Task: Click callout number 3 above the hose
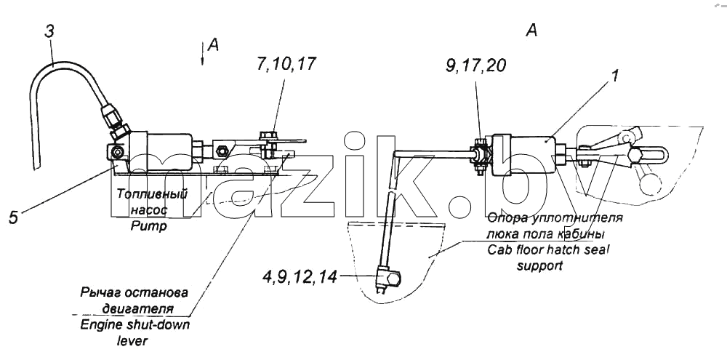[x=49, y=31]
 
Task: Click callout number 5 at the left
[x=13, y=217]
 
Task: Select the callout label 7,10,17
[x=285, y=63]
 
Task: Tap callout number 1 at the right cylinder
[x=614, y=75]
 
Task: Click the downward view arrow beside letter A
[x=202, y=54]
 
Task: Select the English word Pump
[x=148, y=228]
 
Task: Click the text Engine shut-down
[x=135, y=324]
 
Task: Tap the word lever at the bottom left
[x=132, y=340]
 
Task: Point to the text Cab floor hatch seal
[x=548, y=250]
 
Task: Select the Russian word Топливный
[x=151, y=194]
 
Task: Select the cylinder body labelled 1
[x=523, y=152]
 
